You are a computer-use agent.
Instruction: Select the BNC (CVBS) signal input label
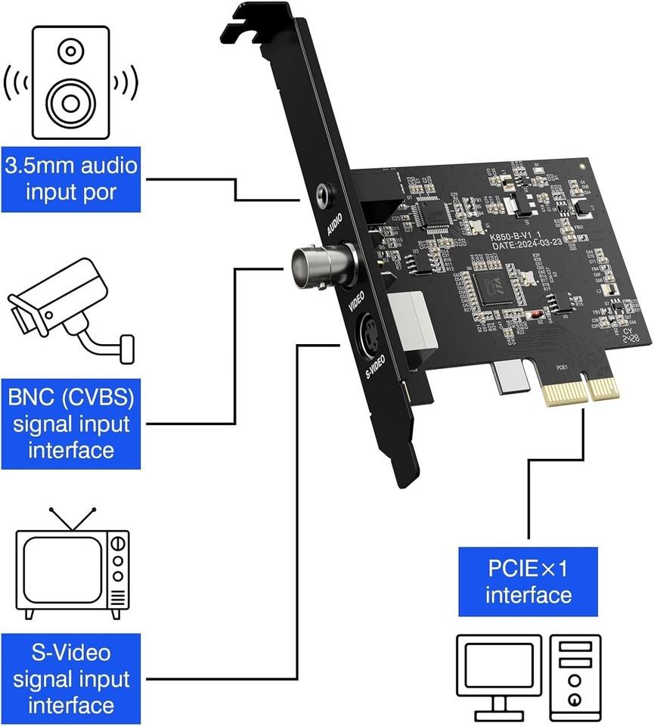73,423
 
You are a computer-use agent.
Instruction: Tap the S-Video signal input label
73,679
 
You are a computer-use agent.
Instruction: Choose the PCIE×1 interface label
528,581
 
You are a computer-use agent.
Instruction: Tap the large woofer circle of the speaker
70,98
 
